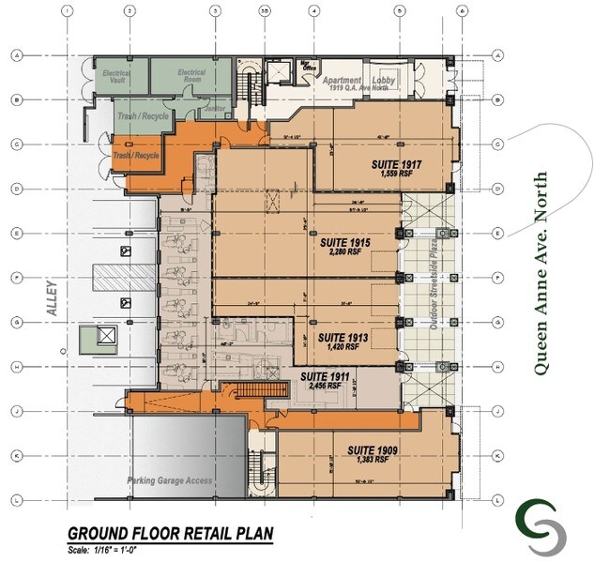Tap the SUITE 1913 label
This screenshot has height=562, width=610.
[340, 336]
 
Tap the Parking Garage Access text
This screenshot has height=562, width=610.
[171, 481]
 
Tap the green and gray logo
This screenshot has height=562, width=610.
[541, 526]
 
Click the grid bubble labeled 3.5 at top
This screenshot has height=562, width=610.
[266, 11]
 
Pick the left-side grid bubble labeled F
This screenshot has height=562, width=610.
[16, 277]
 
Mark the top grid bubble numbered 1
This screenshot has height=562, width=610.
[67, 11]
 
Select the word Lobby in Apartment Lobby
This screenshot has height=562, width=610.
[386, 81]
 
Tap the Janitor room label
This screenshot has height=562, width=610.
[215, 109]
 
